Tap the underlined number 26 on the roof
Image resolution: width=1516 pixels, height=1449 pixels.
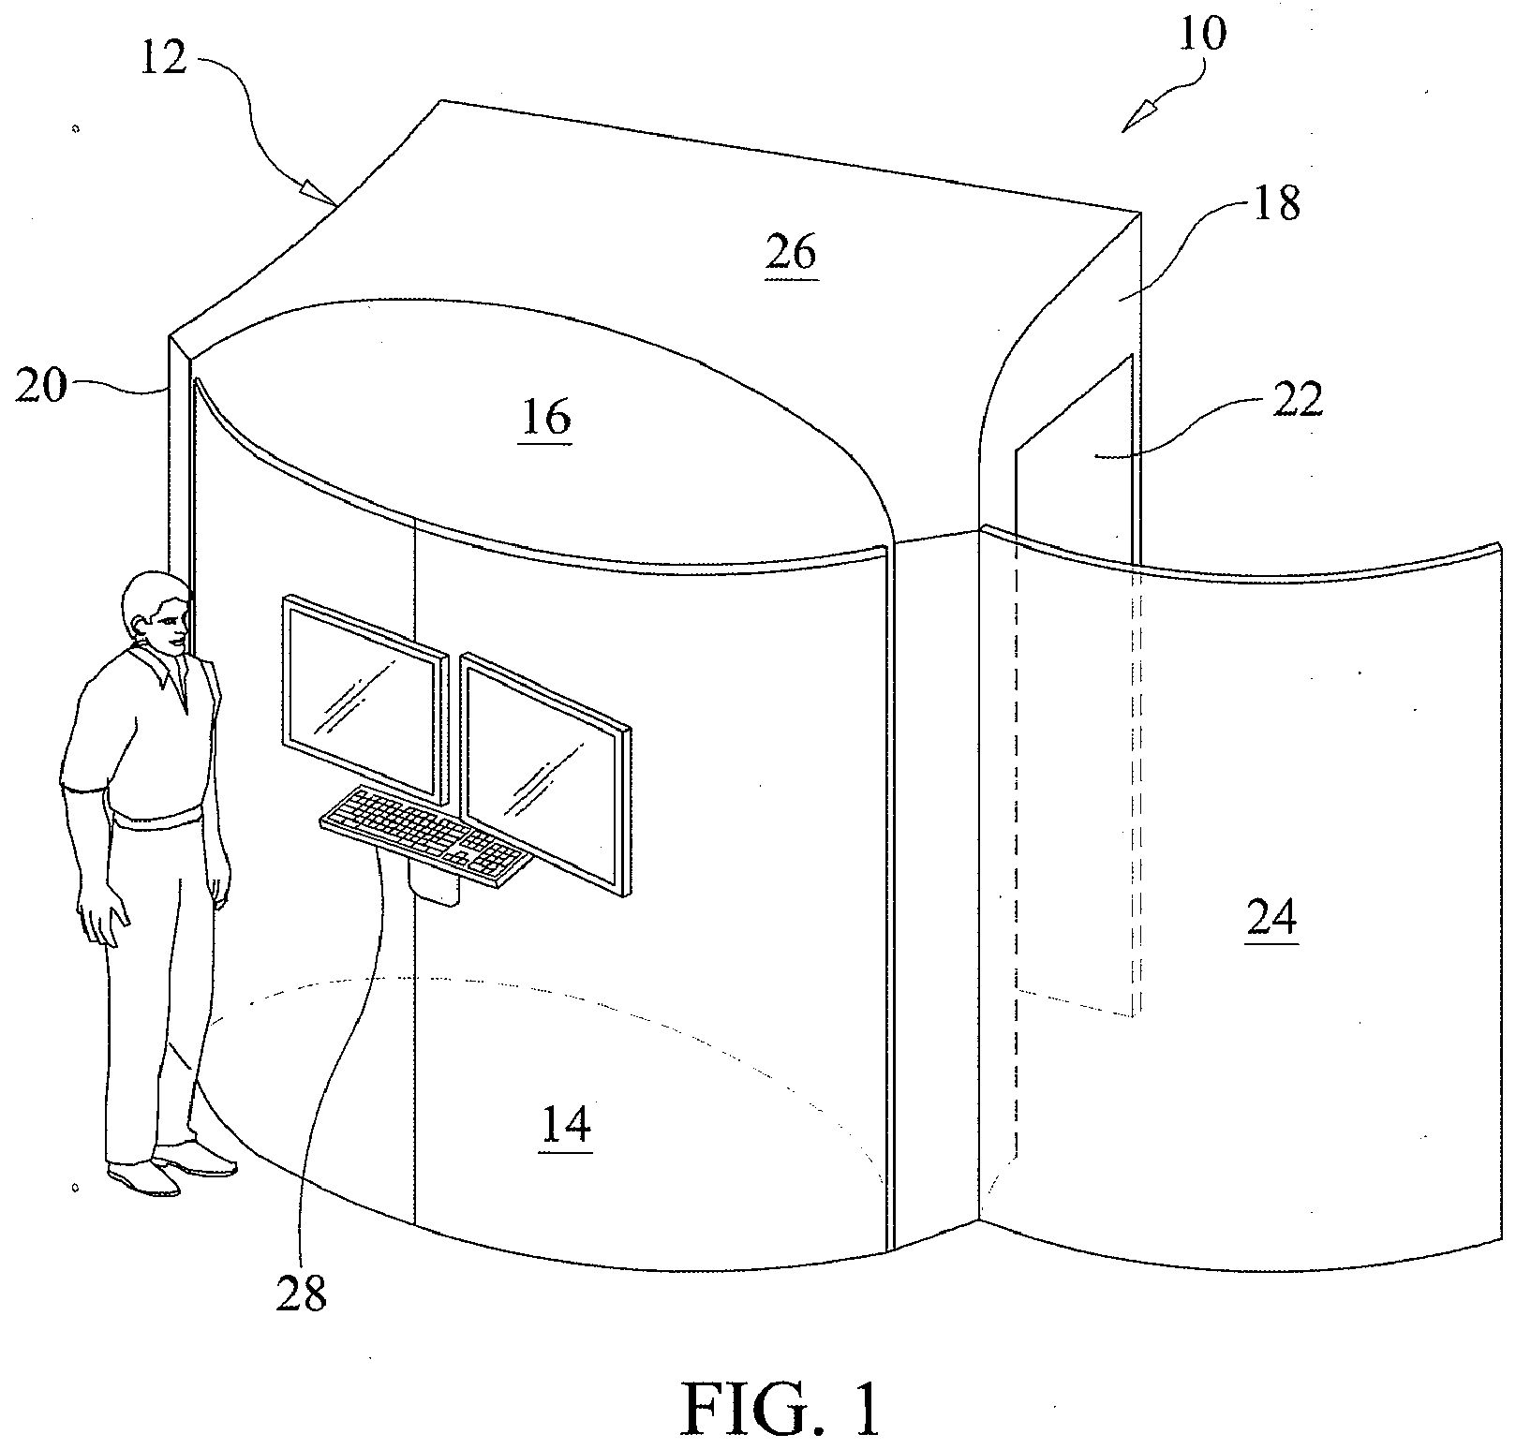pos(791,253)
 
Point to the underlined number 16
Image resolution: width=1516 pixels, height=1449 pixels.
pos(546,418)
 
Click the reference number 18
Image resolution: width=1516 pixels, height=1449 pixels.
pos(1275,204)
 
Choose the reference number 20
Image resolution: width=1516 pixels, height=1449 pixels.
pos(41,385)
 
